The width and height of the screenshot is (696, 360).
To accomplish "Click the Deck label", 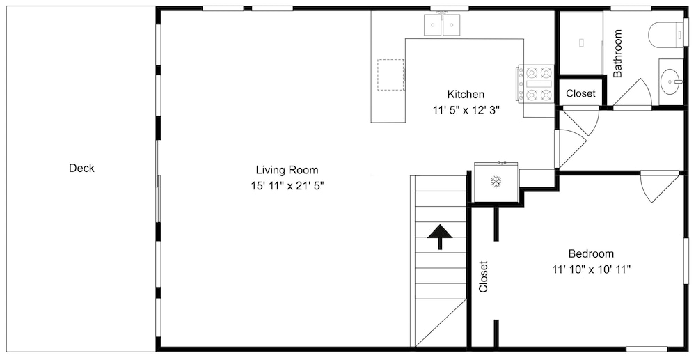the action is tap(81, 169).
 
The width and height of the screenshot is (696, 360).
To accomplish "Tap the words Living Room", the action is tap(287, 170).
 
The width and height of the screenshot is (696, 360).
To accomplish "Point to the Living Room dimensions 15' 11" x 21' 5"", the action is tap(287, 185).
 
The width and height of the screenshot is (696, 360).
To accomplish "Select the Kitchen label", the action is tap(466, 94).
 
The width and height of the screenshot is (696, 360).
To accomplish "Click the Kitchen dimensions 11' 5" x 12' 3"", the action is tap(466, 110).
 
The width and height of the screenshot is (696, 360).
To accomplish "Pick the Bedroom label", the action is tap(591, 254).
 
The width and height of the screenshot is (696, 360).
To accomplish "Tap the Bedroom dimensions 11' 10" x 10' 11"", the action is tap(592, 269).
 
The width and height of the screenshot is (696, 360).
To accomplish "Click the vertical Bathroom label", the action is tap(617, 53).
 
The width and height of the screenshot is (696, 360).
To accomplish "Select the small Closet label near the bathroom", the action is tap(580, 94).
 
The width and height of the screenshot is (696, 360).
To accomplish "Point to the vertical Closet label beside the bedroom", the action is tap(484, 276).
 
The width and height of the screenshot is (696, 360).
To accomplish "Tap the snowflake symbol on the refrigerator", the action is tap(496, 181).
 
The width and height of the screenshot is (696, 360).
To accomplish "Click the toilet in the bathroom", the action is tap(666, 35).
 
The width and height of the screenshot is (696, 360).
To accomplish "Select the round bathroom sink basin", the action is tap(670, 81).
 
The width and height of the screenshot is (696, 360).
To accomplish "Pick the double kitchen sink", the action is tap(442, 24).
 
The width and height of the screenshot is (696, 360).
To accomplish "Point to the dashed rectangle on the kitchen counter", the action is tap(391, 74).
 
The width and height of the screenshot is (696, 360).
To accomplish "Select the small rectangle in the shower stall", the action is tap(581, 42).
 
